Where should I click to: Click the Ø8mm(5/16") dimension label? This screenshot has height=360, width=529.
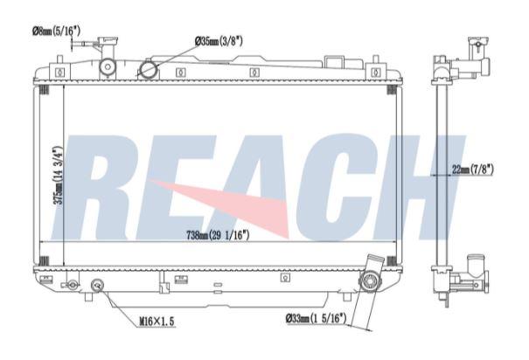tap(56, 31)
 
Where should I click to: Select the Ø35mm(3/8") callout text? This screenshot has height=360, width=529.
tap(219, 41)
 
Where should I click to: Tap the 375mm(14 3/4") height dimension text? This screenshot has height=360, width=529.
tap(59, 175)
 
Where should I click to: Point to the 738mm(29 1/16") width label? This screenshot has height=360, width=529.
tap(218, 235)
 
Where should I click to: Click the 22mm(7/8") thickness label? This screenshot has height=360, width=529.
tap(473, 170)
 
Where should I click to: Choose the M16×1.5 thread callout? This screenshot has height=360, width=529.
tap(157, 322)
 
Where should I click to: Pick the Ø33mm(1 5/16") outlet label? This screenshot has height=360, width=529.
tap(317, 318)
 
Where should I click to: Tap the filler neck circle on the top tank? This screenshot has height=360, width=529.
tap(108, 66)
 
